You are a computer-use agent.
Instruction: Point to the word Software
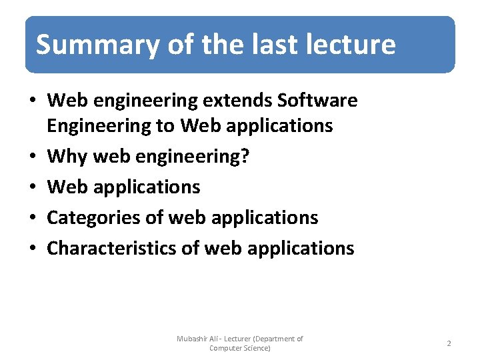click(x=317, y=101)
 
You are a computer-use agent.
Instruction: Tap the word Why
click(x=67, y=157)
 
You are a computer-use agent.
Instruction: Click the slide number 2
click(x=449, y=343)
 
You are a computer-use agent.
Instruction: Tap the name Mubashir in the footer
click(x=193, y=339)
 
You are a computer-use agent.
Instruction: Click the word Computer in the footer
click(x=225, y=348)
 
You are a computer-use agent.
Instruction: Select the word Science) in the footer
click(x=257, y=348)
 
